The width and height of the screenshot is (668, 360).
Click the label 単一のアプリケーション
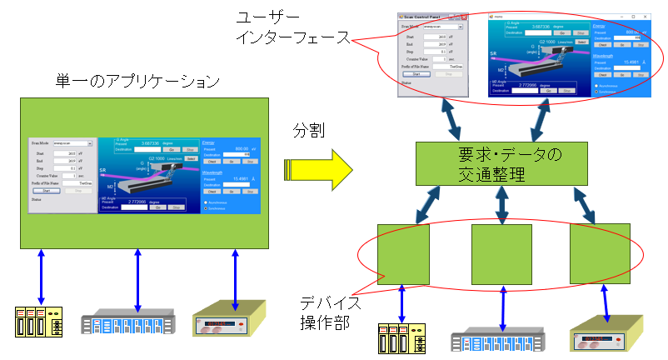coord(138,82)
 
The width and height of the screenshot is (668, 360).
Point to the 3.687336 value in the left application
coord(154,142)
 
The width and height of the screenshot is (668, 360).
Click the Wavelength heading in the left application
coord(215,171)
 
